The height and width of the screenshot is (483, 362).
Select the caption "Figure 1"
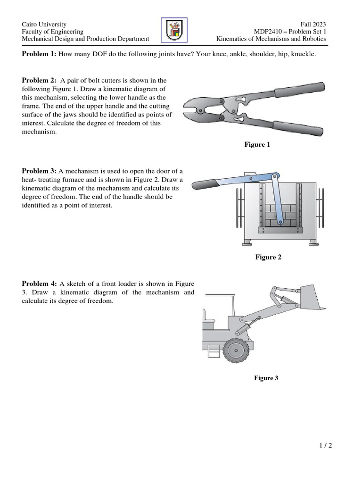pos(257,145)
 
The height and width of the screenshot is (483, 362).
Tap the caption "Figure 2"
pos(268,257)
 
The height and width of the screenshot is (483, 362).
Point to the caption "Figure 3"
pos(266,378)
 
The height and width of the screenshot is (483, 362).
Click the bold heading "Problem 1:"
pos(39,54)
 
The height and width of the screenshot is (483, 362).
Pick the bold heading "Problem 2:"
pos(39,80)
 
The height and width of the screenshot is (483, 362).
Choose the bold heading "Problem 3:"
pos(39,171)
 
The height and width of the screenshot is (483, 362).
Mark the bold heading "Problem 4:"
pos(39,283)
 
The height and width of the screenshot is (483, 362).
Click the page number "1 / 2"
pos(325,445)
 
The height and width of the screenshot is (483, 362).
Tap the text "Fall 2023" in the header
pos(313,24)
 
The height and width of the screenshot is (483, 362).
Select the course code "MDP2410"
pos(268,32)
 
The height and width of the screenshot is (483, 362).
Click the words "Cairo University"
pos(44,24)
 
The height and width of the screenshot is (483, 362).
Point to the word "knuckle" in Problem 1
pos(303,54)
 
